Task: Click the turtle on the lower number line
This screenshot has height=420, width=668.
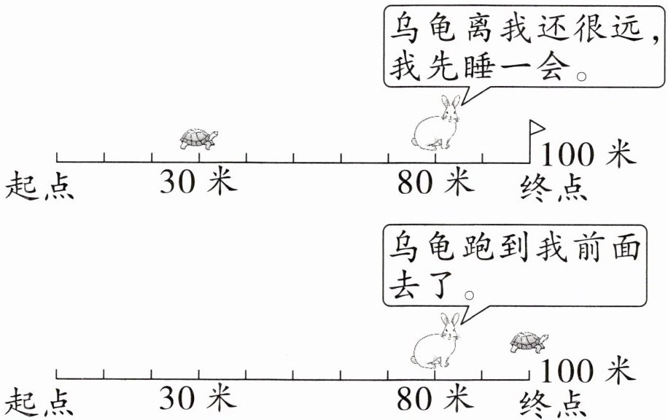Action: [x=528, y=343]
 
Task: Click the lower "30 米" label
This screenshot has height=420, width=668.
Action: [x=198, y=399]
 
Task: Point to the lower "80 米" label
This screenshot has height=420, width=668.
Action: [x=435, y=399]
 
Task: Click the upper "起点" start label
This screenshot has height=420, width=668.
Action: [x=40, y=187]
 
